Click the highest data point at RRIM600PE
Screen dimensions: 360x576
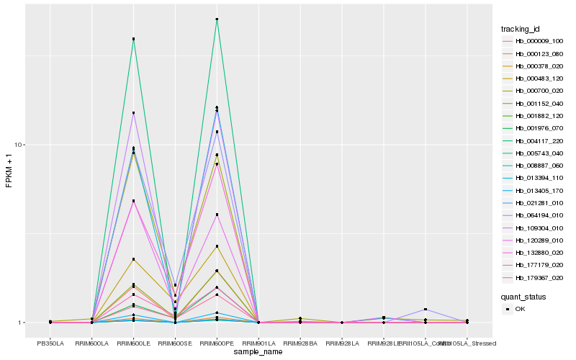[217, 19]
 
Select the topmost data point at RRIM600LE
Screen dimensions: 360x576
[133, 39]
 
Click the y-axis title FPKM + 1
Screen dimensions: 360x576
[9, 171]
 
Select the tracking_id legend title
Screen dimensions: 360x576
[521, 29]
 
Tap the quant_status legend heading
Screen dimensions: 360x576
[523, 296]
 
